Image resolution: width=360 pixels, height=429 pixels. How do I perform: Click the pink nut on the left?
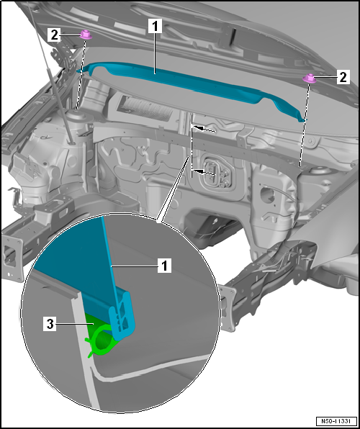[86, 35]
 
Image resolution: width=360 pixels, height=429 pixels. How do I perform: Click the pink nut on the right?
[310, 78]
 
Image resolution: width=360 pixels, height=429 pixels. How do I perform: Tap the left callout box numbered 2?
[54, 35]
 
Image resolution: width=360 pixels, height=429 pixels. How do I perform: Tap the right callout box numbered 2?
[343, 77]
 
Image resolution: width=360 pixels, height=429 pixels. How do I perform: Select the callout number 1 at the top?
[156, 27]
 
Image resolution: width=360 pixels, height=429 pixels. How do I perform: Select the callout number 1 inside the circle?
[165, 265]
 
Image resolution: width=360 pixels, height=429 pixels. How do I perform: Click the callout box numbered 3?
[50, 324]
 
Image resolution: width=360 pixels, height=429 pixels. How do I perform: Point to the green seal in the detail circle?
[100, 338]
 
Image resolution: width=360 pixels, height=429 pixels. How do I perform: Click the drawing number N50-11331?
[337, 420]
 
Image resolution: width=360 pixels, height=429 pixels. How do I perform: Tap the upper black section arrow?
[204, 128]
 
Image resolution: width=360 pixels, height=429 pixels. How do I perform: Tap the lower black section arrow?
[204, 172]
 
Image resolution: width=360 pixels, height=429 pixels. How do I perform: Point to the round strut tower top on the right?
[319, 171]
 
